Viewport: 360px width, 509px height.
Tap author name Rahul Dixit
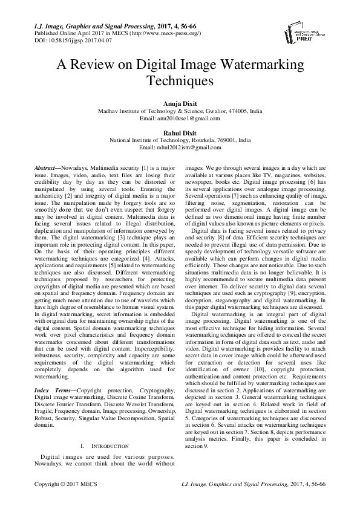point(180,132)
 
